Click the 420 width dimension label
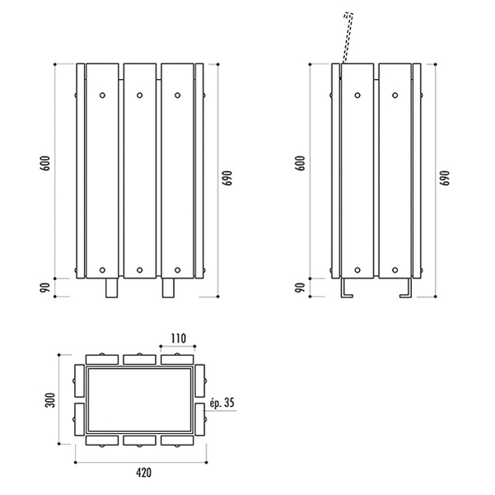click(x=143, y=473)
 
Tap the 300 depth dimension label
click(x=50, y=400)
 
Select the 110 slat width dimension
click(x=179, y=339)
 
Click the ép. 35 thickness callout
click(x=222, y=403)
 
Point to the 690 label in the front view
click(x=227, y=178)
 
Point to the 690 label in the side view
click(x=444, y=178)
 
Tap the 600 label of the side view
click(x=301, y=163)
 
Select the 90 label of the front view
click(x=45, y=287)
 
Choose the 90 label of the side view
click(x=301, y=287)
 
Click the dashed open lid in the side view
click(x=347, y=38)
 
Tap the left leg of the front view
click(x=111, y=287)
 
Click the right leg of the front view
click(x=168, y=287)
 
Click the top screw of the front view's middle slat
click(x=139, y=95)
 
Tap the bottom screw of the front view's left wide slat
click(x=102, y=270)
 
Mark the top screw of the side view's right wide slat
click(x=395, y=95)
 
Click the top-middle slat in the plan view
click(x=139, y=360)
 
